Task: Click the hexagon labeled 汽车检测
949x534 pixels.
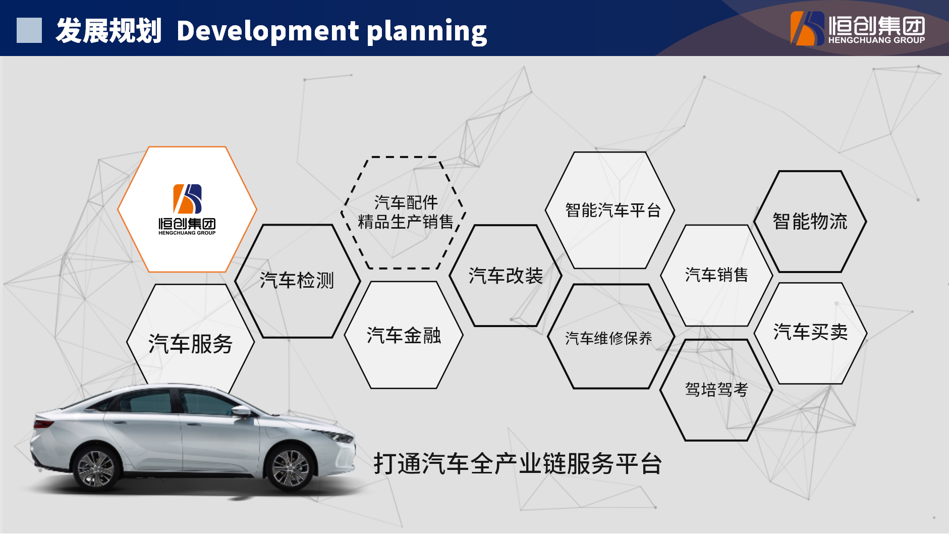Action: (298, 281)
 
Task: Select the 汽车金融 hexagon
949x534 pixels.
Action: (404, 335)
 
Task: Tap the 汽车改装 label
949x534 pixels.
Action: (506, 276)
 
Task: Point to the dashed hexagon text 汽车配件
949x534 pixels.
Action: (406, 202)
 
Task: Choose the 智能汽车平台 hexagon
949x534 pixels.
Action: (610, 210)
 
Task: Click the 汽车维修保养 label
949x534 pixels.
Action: (608, 338)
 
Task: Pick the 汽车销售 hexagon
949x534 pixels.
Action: (716, 275)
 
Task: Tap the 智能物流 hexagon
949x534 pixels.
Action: (810, 222)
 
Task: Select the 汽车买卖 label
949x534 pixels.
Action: (810, 332)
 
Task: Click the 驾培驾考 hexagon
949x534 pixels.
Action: (716, 390)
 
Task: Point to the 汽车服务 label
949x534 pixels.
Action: (190, 344)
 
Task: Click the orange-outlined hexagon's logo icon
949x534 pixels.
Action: (187, 199)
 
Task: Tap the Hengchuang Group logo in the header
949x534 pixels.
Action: (858, 28)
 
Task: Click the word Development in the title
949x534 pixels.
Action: (268, 30)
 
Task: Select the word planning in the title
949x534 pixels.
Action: (427, 32)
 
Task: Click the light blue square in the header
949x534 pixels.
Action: (29, 30)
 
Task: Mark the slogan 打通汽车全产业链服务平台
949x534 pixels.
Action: (518, 463)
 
